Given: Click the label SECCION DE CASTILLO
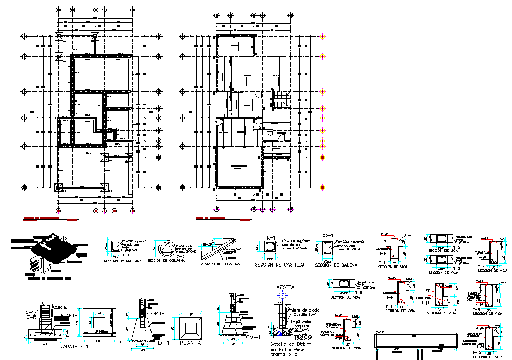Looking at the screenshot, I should [279, 265].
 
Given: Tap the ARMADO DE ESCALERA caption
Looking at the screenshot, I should [220, 264].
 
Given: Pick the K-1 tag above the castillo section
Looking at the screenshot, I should [271, 237].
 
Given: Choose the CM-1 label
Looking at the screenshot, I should [253, 337].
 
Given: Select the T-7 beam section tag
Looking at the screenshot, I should [452, 309].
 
